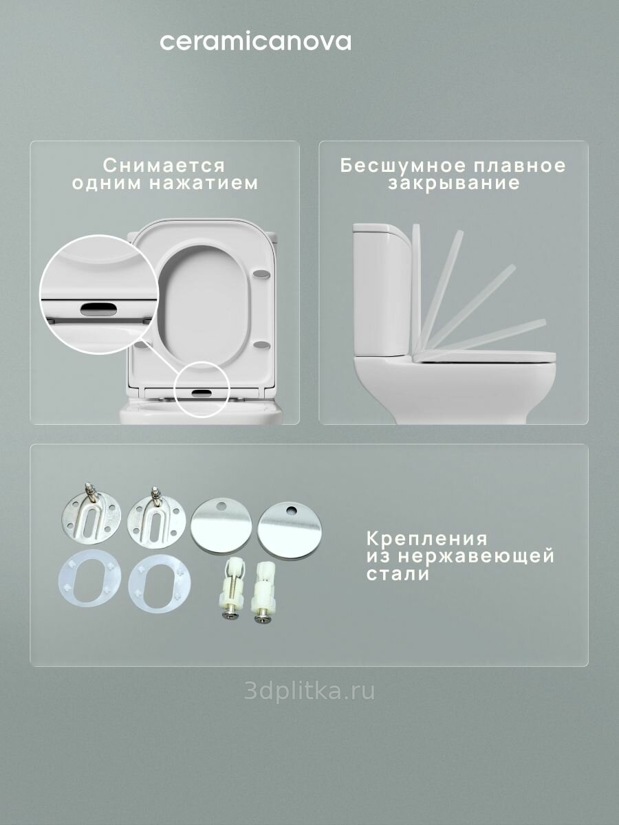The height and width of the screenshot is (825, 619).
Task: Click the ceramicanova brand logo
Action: [x=256, y=42]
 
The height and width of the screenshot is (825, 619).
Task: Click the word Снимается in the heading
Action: [x=164, y=166]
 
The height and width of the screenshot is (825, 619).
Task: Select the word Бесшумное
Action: [x=401, y=166]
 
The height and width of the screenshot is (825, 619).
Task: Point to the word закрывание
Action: [x=454, y=184]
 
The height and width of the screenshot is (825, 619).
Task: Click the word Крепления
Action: [x=427, y=540]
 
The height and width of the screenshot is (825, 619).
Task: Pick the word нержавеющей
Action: [x=476, y=557]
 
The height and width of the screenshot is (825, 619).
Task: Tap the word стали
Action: [x=398, y=574]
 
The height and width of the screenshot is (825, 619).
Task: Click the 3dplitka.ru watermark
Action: [x=309, y=691]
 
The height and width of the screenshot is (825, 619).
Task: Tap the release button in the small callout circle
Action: [x=202, y=393]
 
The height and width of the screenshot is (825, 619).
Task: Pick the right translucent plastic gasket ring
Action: [x=160, y=583]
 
